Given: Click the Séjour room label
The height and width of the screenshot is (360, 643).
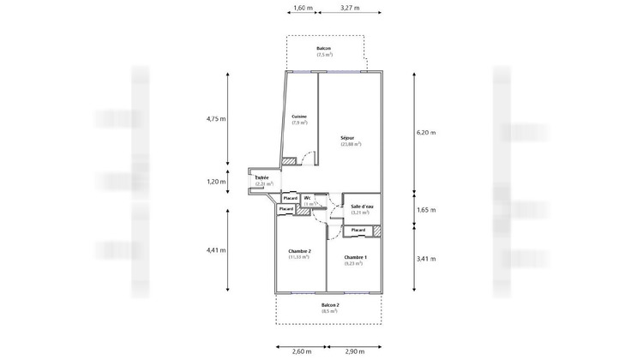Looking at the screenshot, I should point(347,137).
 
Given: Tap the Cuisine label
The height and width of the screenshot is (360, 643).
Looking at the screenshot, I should point(299,117).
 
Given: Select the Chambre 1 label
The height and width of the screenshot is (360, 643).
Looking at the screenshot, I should point(355,257).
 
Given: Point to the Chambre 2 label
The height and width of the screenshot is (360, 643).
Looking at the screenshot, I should point(298,250).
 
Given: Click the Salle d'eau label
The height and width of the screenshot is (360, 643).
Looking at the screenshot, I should point(362,206).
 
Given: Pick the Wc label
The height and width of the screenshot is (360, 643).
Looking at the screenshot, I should point(307,198).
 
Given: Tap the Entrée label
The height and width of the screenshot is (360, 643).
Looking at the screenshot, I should point(261,177).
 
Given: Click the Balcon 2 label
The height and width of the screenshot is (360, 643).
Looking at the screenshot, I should point(330,305).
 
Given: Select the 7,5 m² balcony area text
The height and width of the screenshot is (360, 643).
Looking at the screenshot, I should point(323,55).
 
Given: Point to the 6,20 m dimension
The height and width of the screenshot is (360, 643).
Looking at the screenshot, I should point(425,133).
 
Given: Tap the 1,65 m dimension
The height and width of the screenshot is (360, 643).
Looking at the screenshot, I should point(425,209).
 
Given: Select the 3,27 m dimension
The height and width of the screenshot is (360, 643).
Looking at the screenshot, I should point(349,8).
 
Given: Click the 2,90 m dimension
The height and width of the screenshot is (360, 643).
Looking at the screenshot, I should point(356,351).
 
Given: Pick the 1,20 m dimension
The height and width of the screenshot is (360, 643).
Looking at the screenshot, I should point(215,181).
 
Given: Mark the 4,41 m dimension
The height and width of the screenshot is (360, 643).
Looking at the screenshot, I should point(215,250).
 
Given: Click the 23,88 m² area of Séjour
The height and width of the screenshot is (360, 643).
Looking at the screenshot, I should point(351,144).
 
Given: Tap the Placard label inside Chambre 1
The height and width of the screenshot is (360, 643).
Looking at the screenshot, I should point(358,230).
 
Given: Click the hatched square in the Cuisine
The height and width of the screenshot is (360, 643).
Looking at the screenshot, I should point(290,161).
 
